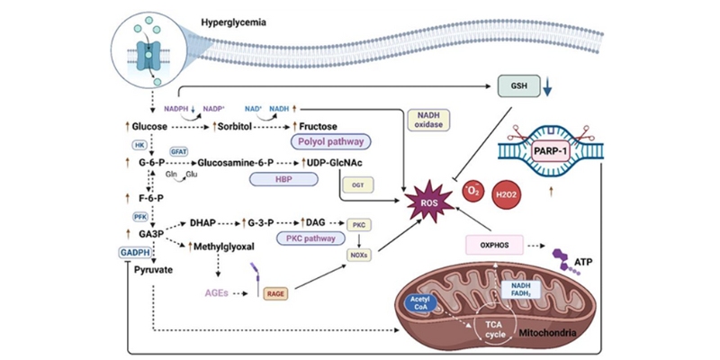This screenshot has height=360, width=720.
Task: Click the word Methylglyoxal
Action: click(x=225, y=246)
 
